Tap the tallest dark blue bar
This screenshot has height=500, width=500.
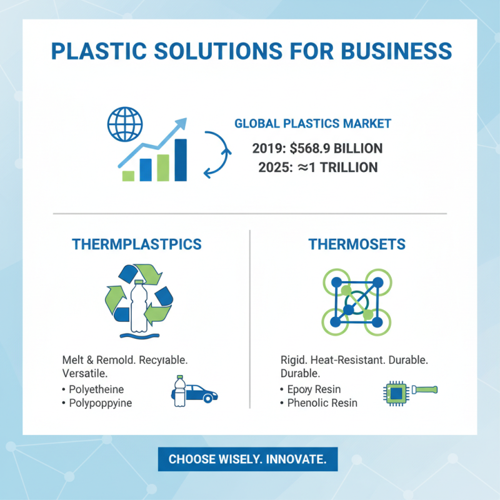coord(181,160)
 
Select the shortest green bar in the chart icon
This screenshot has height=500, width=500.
coord(129,176)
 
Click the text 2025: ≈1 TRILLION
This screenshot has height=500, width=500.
coord(317,167)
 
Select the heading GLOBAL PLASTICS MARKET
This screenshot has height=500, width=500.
coord(312,124)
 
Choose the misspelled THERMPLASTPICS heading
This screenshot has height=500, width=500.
coord(137,244)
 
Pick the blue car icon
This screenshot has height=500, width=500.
coord(201,394)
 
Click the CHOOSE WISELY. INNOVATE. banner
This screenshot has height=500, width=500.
coord(247,459)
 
